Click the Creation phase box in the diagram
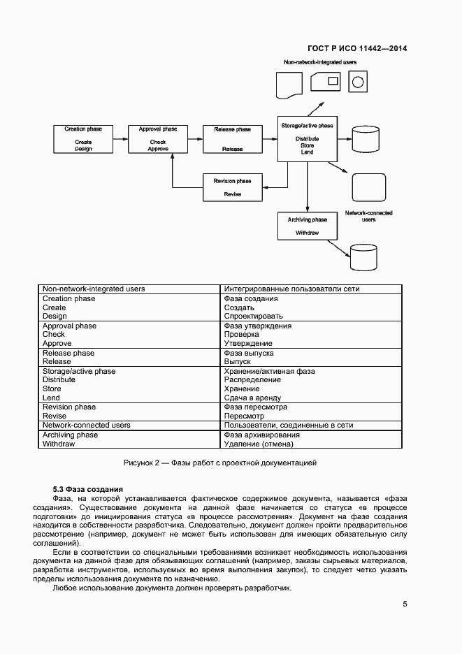83,139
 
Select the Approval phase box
158,139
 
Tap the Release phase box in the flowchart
233,139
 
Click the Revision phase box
233,187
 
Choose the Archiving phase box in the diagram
307,226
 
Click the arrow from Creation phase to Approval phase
120,139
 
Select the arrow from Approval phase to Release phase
195,139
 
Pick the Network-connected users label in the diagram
368,216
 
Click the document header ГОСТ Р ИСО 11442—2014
357,49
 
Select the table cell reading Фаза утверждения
258,326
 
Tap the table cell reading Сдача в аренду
252,398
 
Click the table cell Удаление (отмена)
262,444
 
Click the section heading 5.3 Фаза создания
88,489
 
